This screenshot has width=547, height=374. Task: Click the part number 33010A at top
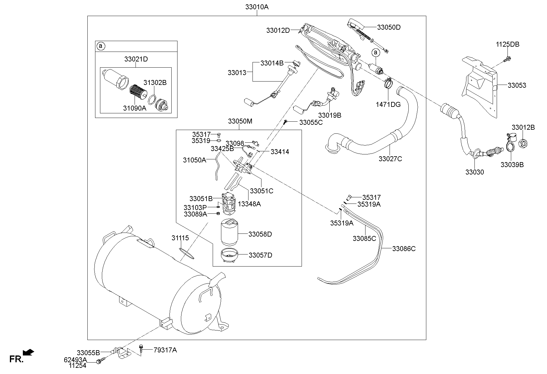point(257,7)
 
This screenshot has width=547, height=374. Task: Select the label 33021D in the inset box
point(136,59)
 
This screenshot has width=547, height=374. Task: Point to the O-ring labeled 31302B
point(151,100)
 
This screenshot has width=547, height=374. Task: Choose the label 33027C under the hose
point(390,159)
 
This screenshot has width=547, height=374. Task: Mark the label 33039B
point(512,165)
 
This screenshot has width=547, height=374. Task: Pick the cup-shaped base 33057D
point(229,256)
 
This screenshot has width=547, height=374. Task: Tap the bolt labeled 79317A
point(141,349)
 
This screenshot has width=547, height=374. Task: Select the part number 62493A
point(75,360)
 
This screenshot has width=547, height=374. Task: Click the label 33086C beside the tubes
point(404,249)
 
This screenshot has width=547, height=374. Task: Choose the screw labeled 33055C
point(286,122)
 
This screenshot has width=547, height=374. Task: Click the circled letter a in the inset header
point(100,46)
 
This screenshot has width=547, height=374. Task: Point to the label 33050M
point(240,121)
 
